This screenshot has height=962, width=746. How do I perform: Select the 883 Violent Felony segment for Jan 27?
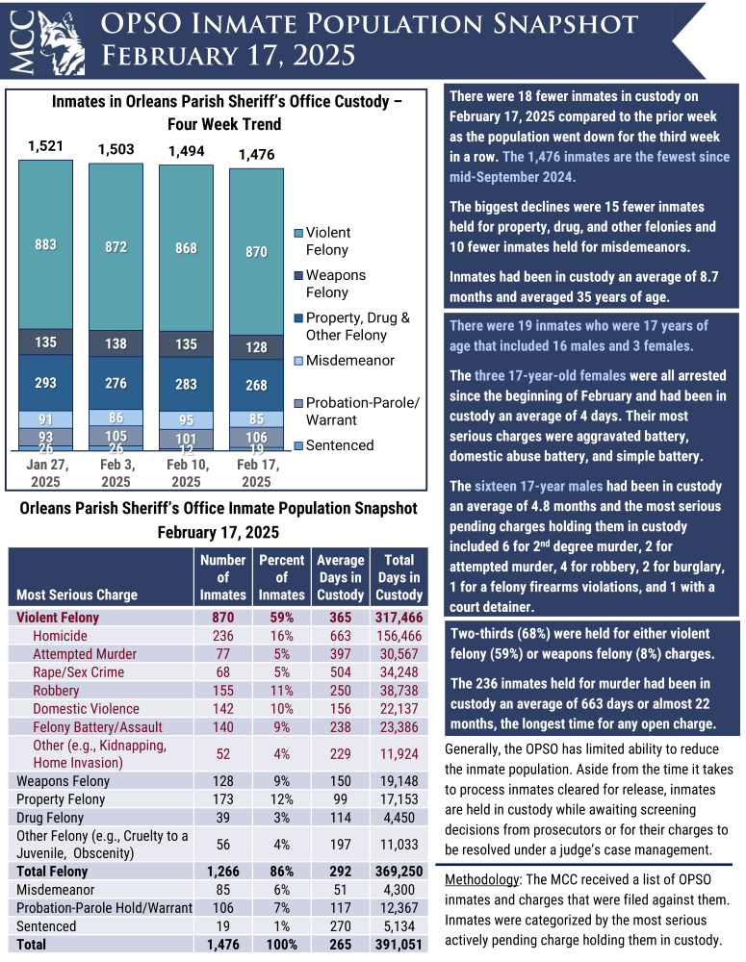45,244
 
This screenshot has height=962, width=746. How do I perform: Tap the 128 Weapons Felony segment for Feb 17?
256,347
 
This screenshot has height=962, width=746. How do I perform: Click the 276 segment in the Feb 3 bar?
116,383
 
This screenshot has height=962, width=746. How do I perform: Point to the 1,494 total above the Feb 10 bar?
186,151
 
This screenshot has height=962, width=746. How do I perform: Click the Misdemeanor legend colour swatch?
297,361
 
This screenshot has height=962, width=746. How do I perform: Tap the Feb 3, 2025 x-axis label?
116,474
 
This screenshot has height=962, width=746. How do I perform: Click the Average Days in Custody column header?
340,576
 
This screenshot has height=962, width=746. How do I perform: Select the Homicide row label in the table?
60,636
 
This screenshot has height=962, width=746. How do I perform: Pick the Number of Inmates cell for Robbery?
222,691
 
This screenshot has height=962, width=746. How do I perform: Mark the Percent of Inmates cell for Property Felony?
282,799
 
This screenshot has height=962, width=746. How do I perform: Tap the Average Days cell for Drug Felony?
340,818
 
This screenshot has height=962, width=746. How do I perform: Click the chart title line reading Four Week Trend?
224,124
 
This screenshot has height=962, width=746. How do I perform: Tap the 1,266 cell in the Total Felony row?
222,872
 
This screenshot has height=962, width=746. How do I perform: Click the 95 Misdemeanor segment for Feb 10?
186,420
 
